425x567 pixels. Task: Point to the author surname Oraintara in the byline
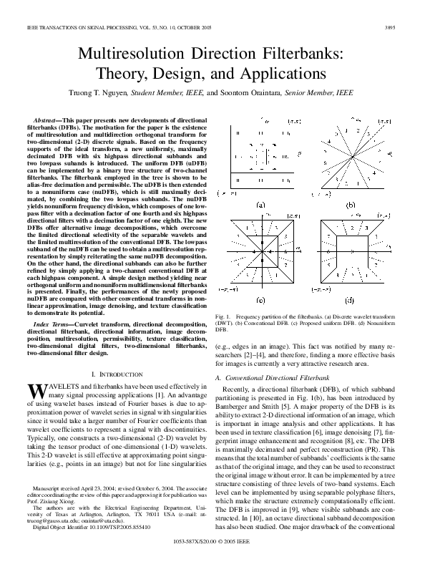(260, 93)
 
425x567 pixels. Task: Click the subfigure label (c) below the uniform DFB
(260, 300)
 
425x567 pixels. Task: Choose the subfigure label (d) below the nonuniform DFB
(349, 300)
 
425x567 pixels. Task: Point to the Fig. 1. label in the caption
(223, 316)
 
